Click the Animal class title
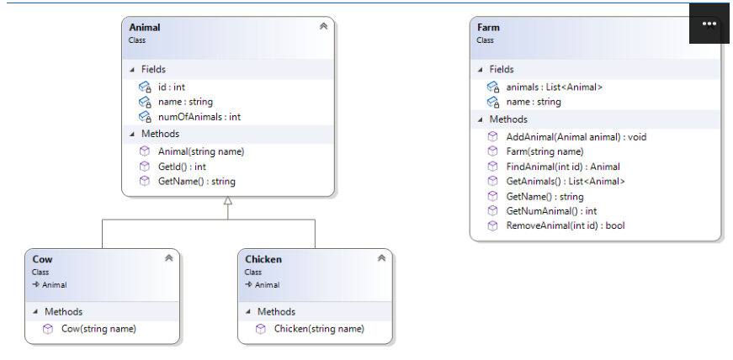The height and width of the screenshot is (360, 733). pos(144,28)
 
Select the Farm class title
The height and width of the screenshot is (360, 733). pos(488,28)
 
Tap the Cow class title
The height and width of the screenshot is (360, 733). pos(42,259)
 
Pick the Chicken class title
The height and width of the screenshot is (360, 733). pos(263,259)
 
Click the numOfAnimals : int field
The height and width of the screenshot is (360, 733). pos(199,117)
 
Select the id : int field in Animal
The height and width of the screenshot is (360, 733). pos(171,87)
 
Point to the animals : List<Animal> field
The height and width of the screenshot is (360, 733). pos(554,87)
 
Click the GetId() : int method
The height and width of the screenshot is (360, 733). pos(182,167)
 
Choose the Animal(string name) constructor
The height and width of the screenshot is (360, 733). pos(200,151)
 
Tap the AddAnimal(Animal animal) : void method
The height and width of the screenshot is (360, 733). pos(576,136)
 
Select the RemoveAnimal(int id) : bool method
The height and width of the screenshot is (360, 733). pos(565,225)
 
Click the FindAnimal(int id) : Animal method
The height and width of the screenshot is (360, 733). pos(563,167)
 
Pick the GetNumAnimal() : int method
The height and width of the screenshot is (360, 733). pos(551,211)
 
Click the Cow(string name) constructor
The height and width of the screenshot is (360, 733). pos(98,329)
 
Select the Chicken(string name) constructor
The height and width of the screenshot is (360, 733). pos(319,329)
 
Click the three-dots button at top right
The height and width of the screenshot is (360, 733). pos(709,24)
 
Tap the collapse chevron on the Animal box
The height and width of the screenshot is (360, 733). pos(323,27)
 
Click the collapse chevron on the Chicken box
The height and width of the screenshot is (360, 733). pos(381,258)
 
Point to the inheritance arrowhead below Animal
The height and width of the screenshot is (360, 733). pos(227,202)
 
